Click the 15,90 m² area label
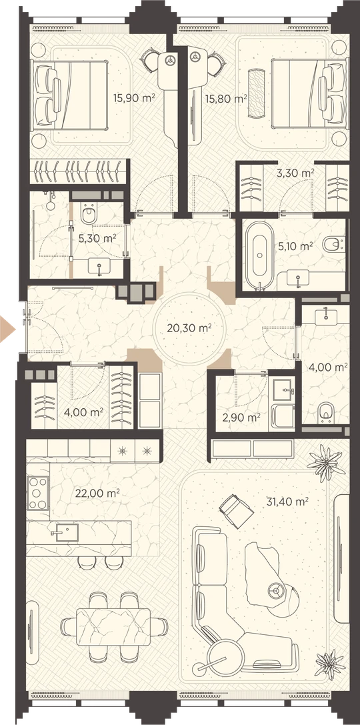[133, 97]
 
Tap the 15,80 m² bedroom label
[226, 98]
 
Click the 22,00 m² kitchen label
[97, 494]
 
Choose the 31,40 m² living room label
[287, 501]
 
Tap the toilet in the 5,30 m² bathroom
[88, 214]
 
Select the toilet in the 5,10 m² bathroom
[333, 244]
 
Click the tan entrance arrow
[7, 329]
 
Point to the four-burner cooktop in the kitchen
[37, 493]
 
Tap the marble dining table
[113, 627]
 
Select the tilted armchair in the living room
[236, 511]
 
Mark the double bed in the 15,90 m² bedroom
[69, 94]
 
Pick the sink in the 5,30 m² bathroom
[99, 267]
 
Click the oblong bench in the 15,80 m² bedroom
[255, 94]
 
